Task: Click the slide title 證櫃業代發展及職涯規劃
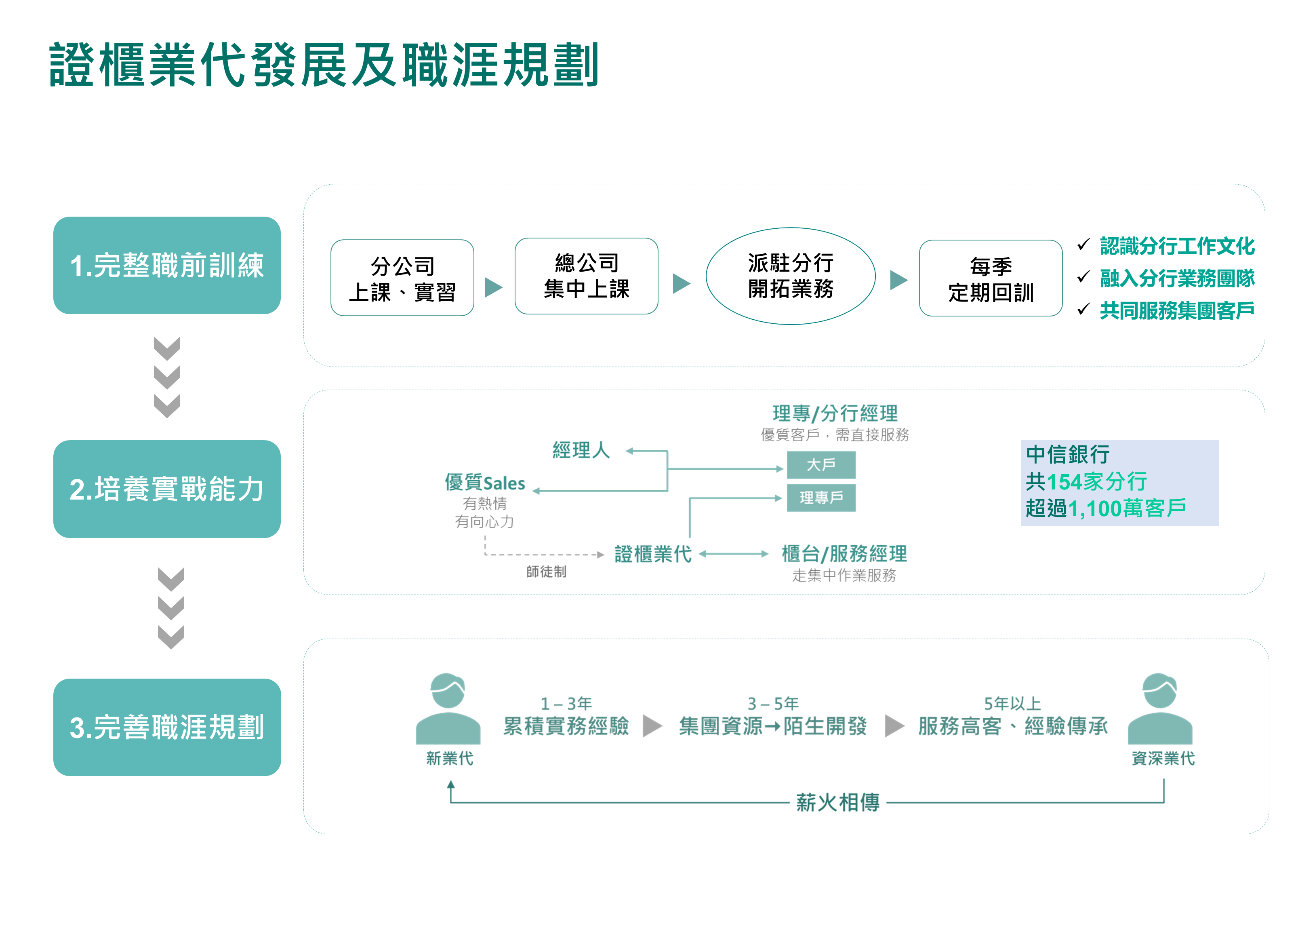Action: coord(324,65)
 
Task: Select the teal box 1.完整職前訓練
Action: coord(167,266)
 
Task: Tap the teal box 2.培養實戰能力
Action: coord(167,489)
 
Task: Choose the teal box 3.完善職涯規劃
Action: coord(167,728)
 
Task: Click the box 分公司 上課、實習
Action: coord(402,278)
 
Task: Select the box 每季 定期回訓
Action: coord(991,278)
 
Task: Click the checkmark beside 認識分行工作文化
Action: coord(1083,245)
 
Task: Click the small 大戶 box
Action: coord(821,465)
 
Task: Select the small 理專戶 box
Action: coord(821,498)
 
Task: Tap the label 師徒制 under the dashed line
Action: coord(546,572)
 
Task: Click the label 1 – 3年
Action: coord(566,703)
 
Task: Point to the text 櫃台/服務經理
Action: coord(844,554)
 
